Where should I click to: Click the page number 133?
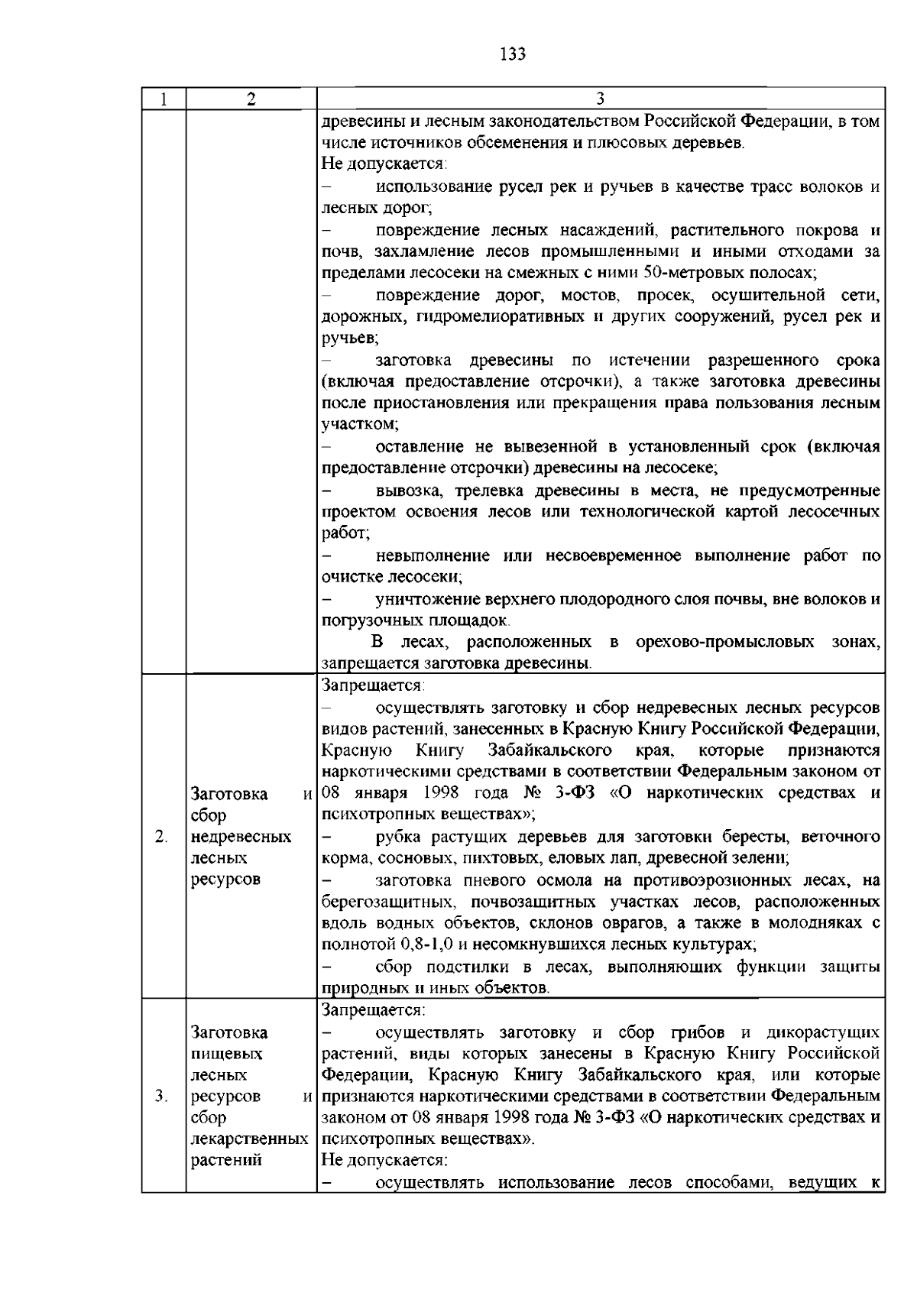[512, 54]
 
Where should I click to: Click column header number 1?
[164, 99]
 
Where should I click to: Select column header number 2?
[251, 99]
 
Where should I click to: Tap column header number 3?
[600, 99]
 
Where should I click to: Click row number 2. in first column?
[161, 837]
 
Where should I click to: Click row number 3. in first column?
[161, 1097]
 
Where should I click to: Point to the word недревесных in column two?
[241, 837]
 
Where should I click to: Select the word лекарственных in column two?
[248, 1139]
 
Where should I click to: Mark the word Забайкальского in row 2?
[549, 750]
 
